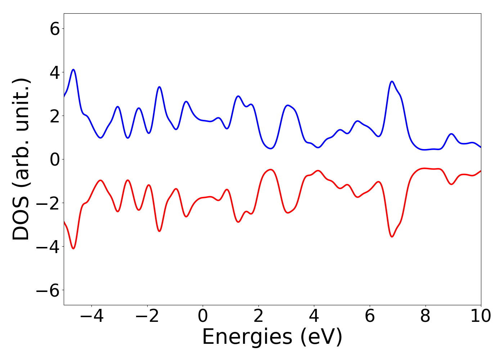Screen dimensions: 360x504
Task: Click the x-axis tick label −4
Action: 91,316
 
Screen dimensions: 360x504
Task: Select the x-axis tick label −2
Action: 147,316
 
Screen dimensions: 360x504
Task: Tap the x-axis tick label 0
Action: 203,316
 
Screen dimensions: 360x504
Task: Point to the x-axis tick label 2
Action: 258,316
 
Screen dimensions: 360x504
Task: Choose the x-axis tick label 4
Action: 314,316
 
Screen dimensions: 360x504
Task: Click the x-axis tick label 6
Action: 370,316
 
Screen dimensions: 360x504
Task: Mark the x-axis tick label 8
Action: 425,316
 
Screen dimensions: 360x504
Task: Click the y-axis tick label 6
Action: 55,29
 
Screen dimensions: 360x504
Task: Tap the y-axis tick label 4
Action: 55,72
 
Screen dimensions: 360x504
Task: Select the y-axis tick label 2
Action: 55,116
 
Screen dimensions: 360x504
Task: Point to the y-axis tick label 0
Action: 55,159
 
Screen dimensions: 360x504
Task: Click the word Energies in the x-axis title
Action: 247,338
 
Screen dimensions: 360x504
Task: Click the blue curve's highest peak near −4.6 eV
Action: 73,69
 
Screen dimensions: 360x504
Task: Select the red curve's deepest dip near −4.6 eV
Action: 73,248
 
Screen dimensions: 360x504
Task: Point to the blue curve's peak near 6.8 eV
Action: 392,81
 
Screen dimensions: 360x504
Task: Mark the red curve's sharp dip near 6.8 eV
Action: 392,237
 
